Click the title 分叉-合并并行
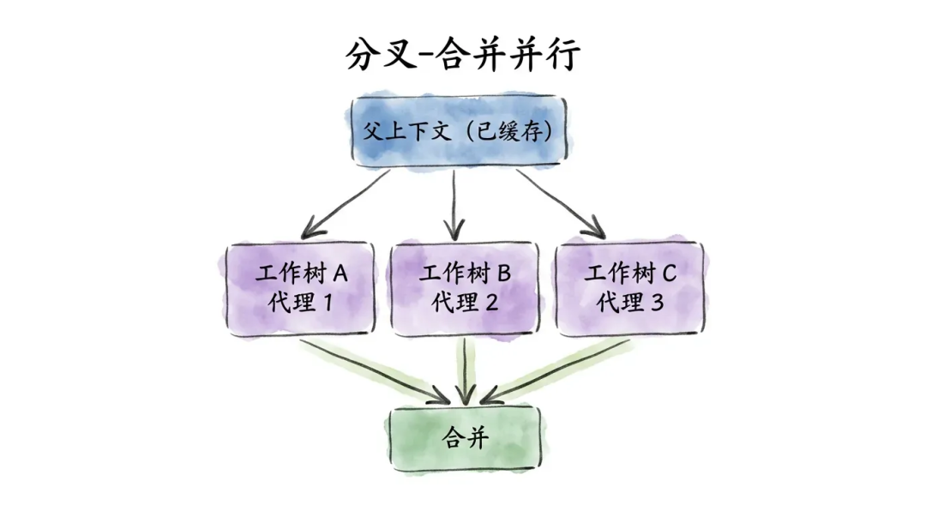click(463, 55)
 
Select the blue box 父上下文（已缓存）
click(459, 131)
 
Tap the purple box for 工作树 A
click(301, 287)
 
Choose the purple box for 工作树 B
click(465, 287)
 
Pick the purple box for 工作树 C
click(629, 287)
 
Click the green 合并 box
click(465, 438)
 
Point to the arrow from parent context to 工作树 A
click(347, 202)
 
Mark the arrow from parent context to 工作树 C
click(562, 202)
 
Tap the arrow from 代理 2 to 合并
click(465, 369)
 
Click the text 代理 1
click(301, 303)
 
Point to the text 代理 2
click(465, 303)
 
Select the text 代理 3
click(629, 303)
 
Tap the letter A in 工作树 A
click(340, 274)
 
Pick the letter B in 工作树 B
click(503, 274)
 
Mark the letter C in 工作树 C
click(669, 274)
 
